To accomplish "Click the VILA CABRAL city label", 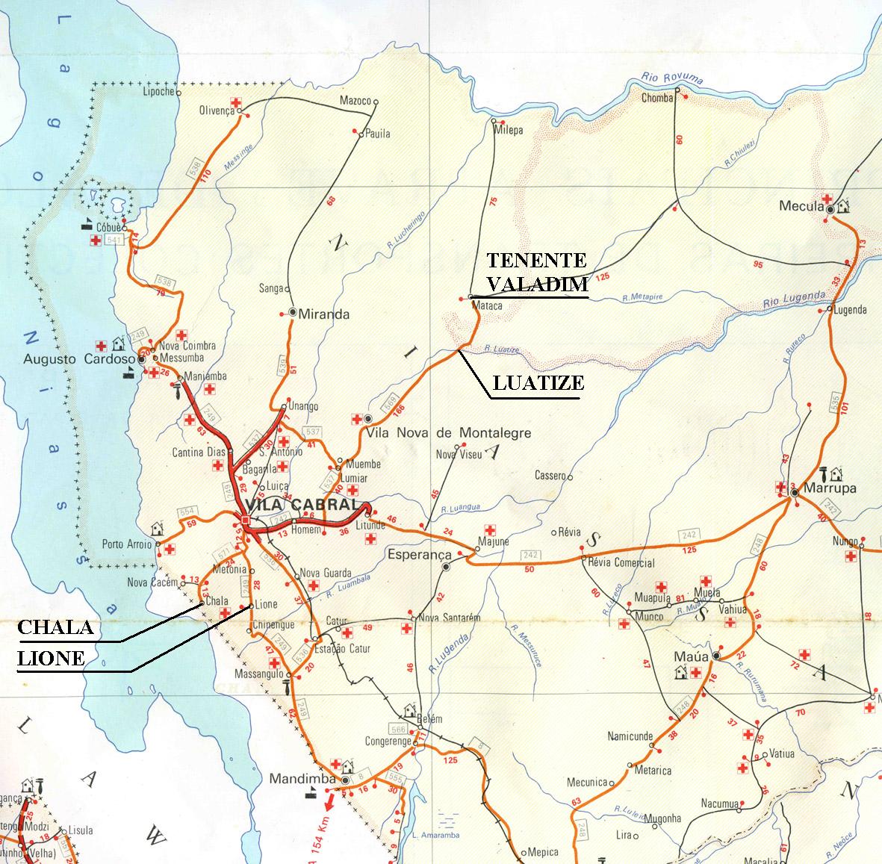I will pos(298,505).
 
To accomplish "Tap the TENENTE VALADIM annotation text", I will pos(536,272).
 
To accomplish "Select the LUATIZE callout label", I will pos(538,384).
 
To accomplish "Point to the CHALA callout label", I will pos(55,628).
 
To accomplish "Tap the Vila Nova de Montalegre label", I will pos(449,432).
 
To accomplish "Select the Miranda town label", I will pos(323,314).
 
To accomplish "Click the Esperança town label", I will pos(420,555).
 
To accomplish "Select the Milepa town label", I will pos(509,130).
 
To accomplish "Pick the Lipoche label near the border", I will pos(158,92).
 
